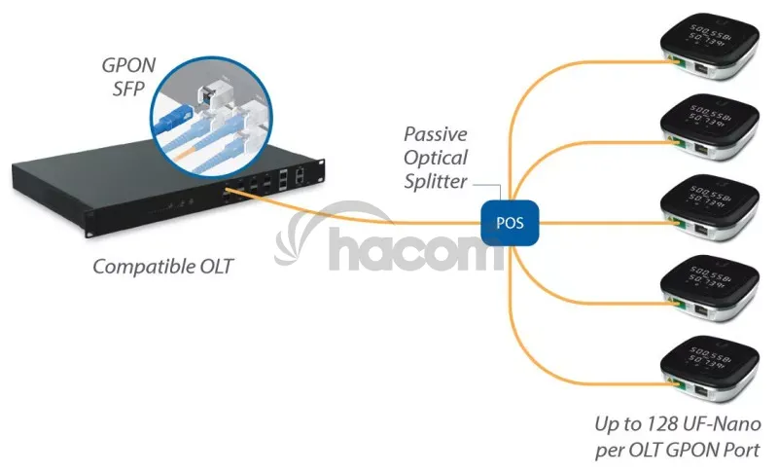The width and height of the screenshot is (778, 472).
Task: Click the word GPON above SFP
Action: [130, 66]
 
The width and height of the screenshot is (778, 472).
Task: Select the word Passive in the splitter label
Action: [436, 134]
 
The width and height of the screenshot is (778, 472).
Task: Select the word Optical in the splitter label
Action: [436, 158]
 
